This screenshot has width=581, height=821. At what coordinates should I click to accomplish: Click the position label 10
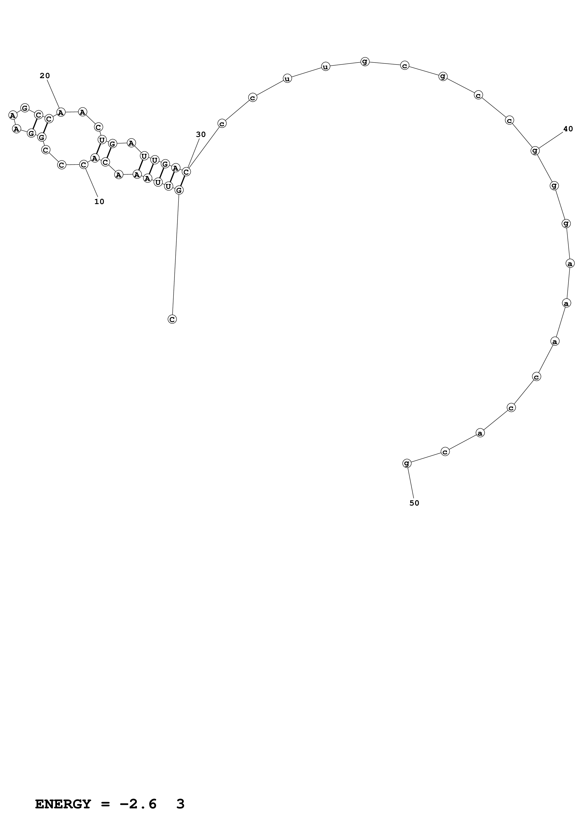[99, 202]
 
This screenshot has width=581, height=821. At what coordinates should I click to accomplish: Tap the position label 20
[45, 76]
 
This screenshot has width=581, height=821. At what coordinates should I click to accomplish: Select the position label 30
[201, 134]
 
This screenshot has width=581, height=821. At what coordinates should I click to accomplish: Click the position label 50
[414, 503]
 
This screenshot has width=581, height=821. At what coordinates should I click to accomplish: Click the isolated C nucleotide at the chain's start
[172, 319]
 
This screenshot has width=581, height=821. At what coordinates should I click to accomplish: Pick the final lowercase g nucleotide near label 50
[407, 463]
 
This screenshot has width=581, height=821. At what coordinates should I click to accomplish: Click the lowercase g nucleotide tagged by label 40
[535, 150]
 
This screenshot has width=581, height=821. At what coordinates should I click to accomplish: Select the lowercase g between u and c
[365, 62]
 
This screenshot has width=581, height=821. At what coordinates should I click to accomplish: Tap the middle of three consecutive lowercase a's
[566, 303]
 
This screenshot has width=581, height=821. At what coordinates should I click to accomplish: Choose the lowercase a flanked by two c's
[480, 433]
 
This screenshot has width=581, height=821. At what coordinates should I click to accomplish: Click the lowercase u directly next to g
[325, 66]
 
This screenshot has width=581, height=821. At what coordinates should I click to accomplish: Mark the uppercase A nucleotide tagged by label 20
[61, 112]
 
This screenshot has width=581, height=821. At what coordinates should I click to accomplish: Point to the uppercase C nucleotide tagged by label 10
[83, 165]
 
